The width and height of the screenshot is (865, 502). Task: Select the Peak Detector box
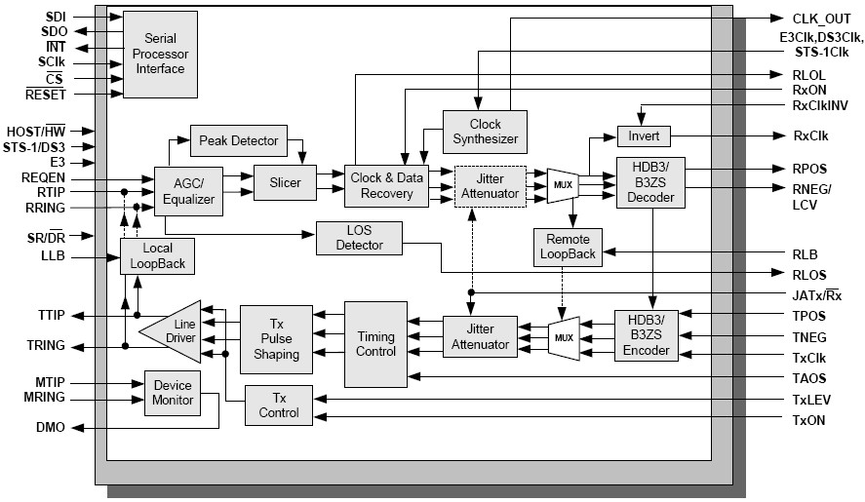238,140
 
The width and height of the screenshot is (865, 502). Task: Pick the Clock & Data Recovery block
386,186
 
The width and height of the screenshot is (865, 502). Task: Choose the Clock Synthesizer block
485,132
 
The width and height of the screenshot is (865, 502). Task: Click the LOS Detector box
359,239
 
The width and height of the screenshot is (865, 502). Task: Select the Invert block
644,137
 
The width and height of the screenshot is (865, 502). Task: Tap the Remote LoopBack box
568,248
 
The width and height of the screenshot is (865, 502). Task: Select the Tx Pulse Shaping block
276,339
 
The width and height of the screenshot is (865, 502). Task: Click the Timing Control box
375,343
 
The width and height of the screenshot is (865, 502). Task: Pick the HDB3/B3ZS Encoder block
646,335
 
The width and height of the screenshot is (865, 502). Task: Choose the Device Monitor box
173,393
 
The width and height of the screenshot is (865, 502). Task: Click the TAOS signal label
809,377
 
